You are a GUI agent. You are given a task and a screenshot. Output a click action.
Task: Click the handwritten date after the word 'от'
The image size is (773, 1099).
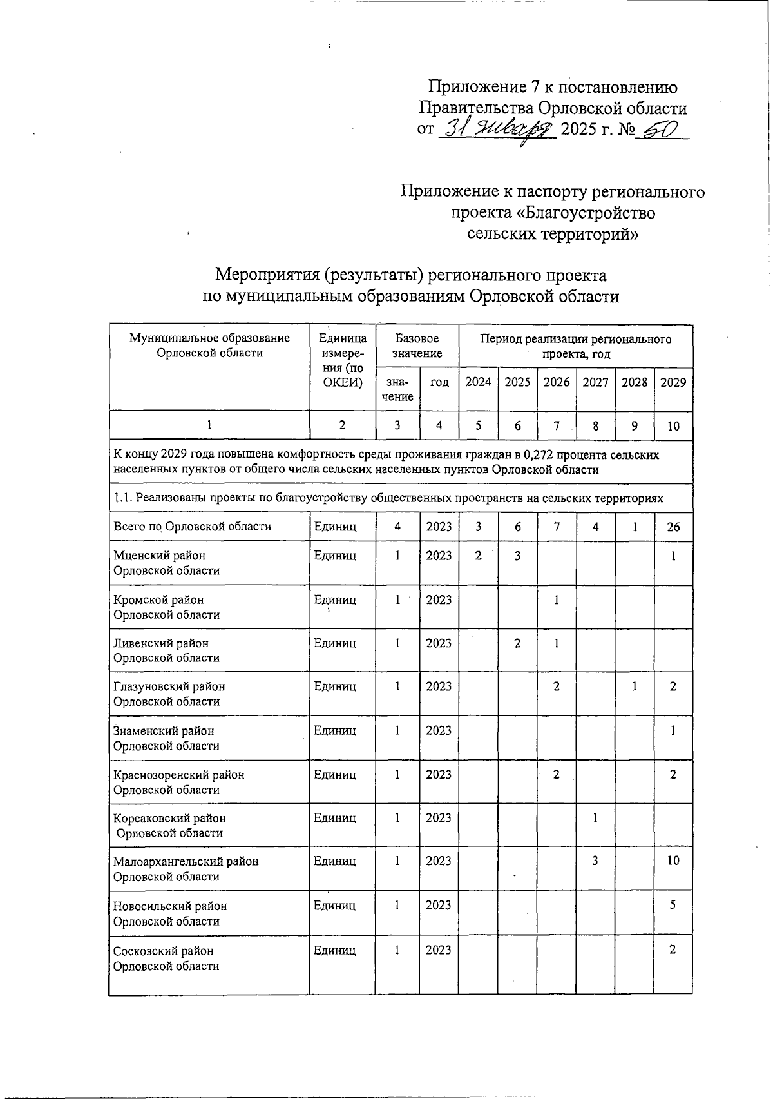pyautogui.click(x=496, y=129)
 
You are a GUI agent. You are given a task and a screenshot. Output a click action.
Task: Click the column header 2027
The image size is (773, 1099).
pyautogui.click(x=595, y=382)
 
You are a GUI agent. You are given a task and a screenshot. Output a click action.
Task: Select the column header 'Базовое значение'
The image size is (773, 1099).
pyautogui.click(x=417, y=346)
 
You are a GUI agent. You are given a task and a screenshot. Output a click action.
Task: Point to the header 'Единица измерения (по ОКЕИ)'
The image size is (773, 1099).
pyautogui.click(x=343, y=360)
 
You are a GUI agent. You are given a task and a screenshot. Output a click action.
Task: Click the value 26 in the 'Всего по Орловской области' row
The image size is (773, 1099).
pyautogui.click(x=673, y=527)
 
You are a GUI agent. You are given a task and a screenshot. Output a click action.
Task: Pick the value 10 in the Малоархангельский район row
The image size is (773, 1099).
pyautogui.click(x=673, y=861)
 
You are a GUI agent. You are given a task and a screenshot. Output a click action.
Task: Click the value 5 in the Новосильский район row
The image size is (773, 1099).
pyautogui.click(x=673, y=905)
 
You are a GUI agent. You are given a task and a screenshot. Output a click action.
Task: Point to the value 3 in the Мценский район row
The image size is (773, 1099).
pyautogui.click(x=517, y=555)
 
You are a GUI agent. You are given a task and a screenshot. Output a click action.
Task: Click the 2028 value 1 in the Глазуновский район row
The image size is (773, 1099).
pyautogui.click(x=635, y=686)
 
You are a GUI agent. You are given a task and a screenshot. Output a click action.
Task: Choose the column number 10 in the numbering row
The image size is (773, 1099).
pyautogui.click(x=673, y=425)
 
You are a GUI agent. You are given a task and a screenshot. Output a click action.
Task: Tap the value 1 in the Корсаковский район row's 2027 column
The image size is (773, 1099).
pyautogui.click(x=595, y=818)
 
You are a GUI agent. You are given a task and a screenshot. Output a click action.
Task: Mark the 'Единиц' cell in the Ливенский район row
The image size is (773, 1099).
pyautogui.click(x=334, y=643)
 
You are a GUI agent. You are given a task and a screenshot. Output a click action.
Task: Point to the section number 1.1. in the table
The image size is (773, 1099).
pyautogui.click(x=123, y=498)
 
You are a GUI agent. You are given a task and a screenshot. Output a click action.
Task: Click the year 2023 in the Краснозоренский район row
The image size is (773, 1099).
pyautogui.click(x=439, y=774)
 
